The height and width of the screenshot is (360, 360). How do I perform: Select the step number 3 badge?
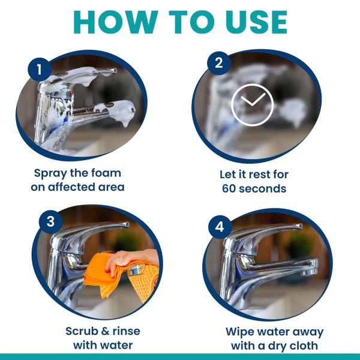pyautogui.click(x=50, y=221)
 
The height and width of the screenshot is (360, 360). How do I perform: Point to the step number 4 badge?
pyautogui.click(x=220, y=227)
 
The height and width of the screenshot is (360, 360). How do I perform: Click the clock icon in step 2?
pyautogui.click(x=253, y=105)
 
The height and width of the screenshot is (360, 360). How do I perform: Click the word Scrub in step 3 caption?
pyautogui.click(x=83, y=331)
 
